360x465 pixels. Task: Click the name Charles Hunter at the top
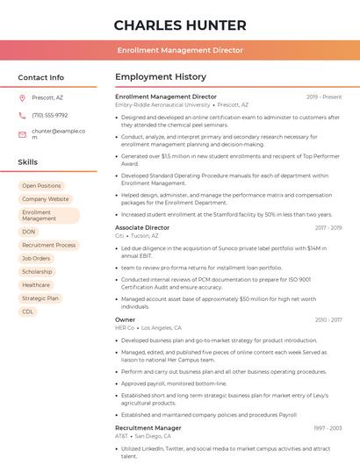click(180, 25)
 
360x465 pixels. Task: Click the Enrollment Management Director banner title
click(180, 51)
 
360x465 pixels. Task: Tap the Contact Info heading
click(41, 77)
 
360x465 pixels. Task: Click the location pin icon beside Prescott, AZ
click(22, 98)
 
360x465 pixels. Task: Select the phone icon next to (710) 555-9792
click(22, 116)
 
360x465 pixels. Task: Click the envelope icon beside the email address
click(22, 133)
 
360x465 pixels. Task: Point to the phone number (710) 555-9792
click(49, 116)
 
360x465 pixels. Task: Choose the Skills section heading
click(28, 162)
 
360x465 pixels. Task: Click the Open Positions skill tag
click(41, 186)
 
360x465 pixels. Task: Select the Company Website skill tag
click(46, 199)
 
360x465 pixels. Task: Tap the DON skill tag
click(29, 232)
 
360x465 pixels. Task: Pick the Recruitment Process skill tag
click(49, 245)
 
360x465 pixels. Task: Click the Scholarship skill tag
click(37, 272)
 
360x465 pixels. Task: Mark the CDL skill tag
click(28, 311)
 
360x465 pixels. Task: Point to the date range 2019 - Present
click(324, 97)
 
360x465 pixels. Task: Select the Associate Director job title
click(142, 227)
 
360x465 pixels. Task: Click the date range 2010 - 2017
click(328, 320)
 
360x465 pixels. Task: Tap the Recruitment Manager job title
click(148, 427)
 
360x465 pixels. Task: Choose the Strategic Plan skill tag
click(40, 298)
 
